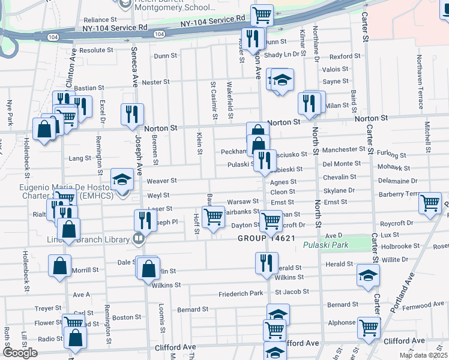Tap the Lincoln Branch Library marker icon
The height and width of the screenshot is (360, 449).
(139, 238)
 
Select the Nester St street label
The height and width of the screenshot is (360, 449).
(155, 82)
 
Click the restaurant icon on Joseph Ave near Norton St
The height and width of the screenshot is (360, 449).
(131, 115)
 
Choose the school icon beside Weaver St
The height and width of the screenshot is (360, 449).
(122, 178)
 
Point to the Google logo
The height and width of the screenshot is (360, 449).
(20, 353)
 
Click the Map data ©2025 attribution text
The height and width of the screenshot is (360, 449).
(424, 355)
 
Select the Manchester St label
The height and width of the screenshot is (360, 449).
(343, 149)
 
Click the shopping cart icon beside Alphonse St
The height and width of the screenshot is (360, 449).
(369, 328)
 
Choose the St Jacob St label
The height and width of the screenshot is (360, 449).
(292, 292)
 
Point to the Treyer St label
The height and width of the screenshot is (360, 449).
(45, 308)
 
